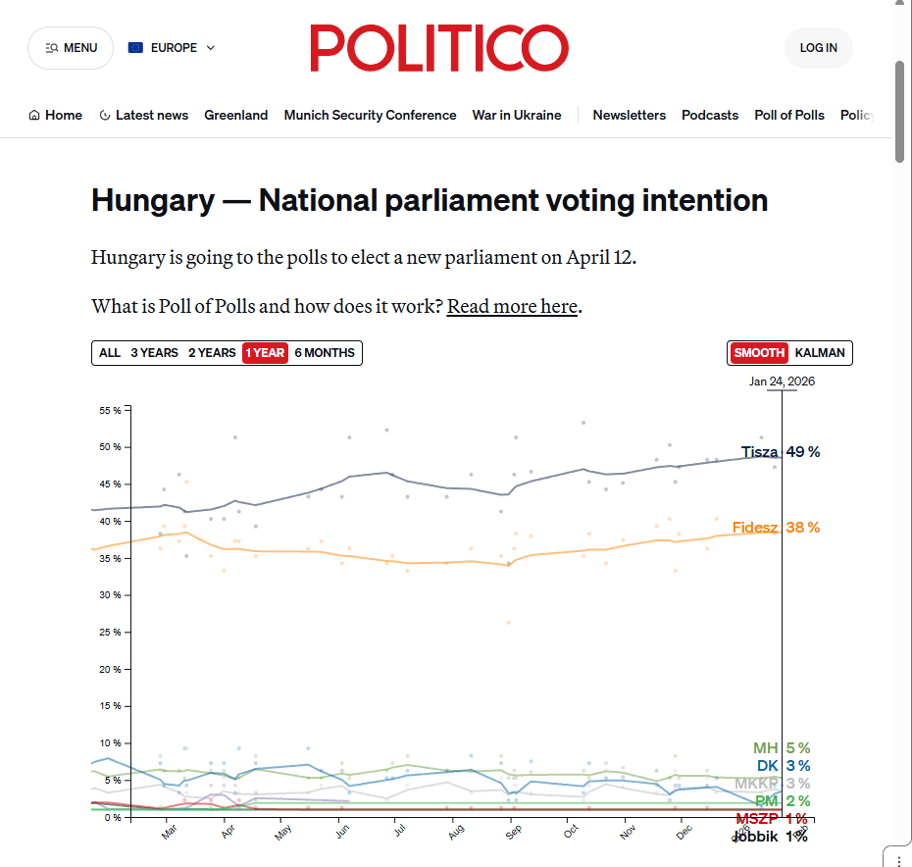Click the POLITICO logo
(439, 48)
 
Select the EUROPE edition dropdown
(172, 48)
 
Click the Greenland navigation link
(235, 115)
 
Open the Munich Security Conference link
(370, 115)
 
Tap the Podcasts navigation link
(710, 115)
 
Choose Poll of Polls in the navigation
(788, 115)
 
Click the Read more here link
(512, 306)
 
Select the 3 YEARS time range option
(155, 353)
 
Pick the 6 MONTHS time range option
(325, 353)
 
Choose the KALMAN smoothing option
(820, 353)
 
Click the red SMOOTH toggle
(759, 353)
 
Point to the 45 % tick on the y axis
(110, 484)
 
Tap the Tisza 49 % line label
(780, 452)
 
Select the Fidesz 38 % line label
(776, 528)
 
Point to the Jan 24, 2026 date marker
(782, 382)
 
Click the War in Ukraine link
(517, 115)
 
